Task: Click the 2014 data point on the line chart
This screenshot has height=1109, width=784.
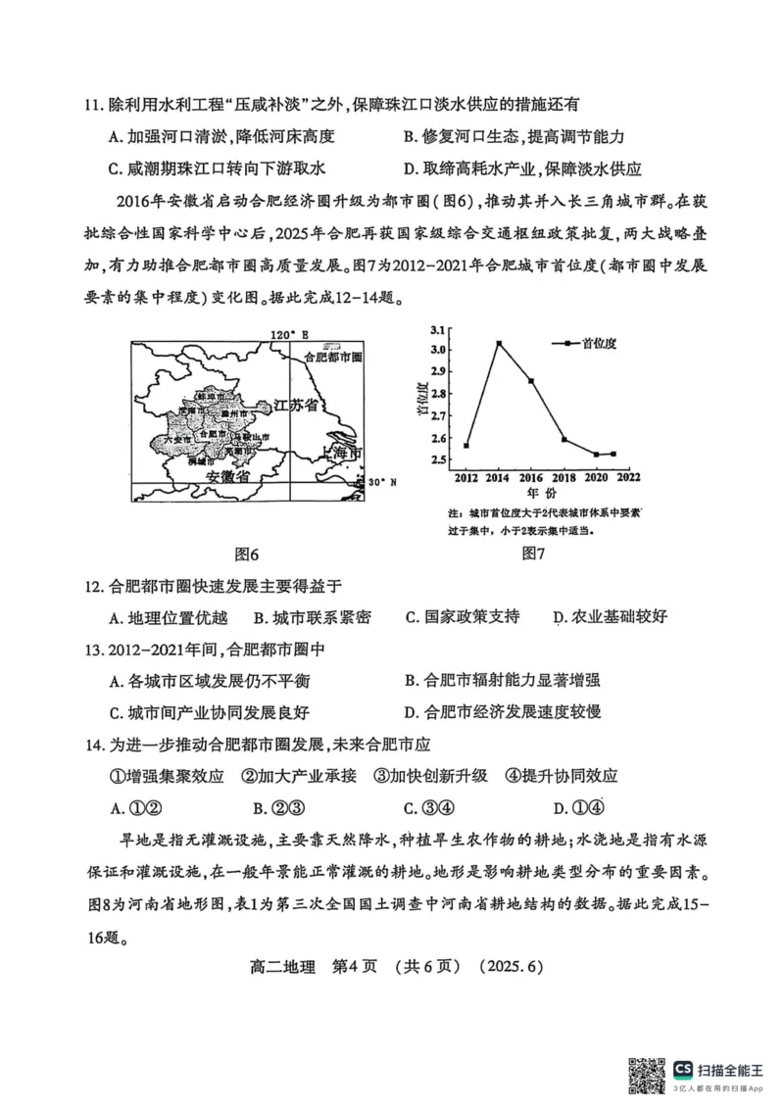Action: click(499, 344)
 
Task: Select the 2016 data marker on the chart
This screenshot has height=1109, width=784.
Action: click(531, 380)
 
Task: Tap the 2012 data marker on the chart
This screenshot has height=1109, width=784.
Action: click(466, 446)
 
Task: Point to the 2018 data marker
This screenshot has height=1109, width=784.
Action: click(563, 439)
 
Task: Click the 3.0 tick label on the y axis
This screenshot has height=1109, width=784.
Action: click(437, 350)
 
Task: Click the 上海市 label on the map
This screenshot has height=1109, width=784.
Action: click(336, 455)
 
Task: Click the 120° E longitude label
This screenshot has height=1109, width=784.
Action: click(289, 334)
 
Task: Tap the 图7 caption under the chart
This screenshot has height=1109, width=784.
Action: click(534, 554)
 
